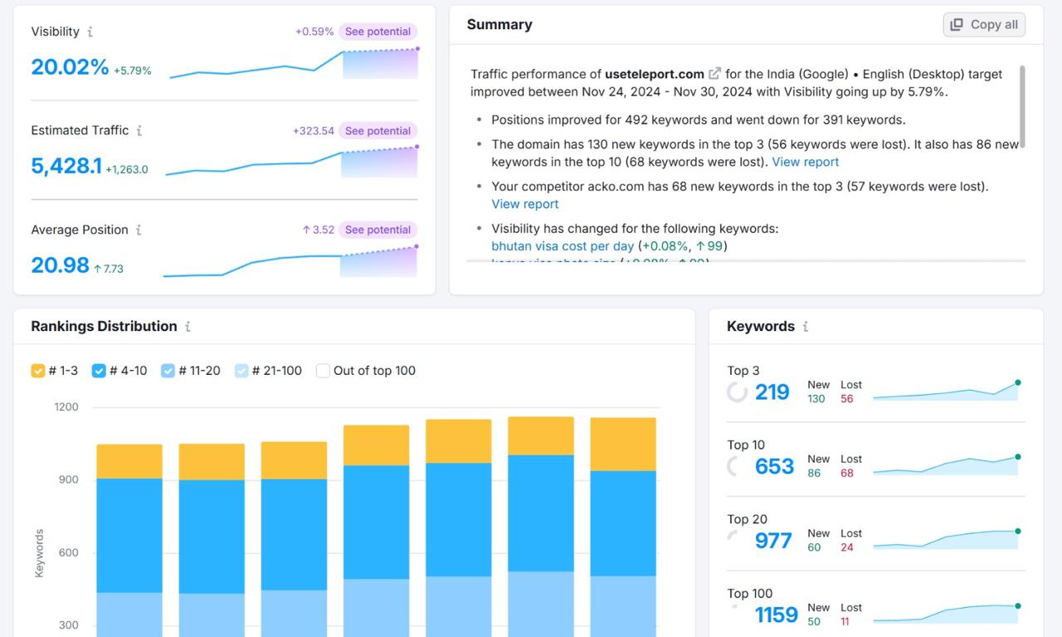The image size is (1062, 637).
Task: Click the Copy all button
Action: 984,25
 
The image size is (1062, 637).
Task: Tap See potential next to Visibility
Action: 378,32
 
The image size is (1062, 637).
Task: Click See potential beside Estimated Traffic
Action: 378,131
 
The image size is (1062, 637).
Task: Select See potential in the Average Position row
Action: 378,230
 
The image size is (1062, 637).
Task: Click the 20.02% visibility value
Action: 70,67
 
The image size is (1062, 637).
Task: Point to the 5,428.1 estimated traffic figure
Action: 66,166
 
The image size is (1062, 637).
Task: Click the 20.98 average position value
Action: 60,265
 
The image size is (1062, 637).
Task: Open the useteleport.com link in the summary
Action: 655,74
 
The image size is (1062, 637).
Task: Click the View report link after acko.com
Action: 525,204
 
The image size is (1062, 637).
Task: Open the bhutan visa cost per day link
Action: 563,246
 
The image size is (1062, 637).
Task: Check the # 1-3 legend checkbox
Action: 38,371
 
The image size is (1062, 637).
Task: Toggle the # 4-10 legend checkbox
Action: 99,371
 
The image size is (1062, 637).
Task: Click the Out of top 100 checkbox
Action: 324,371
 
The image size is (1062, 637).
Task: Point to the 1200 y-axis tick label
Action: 66,407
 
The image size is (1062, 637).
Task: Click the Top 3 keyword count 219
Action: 772,392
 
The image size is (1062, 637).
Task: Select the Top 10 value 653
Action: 774,467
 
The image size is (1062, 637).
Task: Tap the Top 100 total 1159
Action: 776,615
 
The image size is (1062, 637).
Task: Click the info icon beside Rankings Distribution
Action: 188,327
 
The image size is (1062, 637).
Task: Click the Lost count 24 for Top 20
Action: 847,547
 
